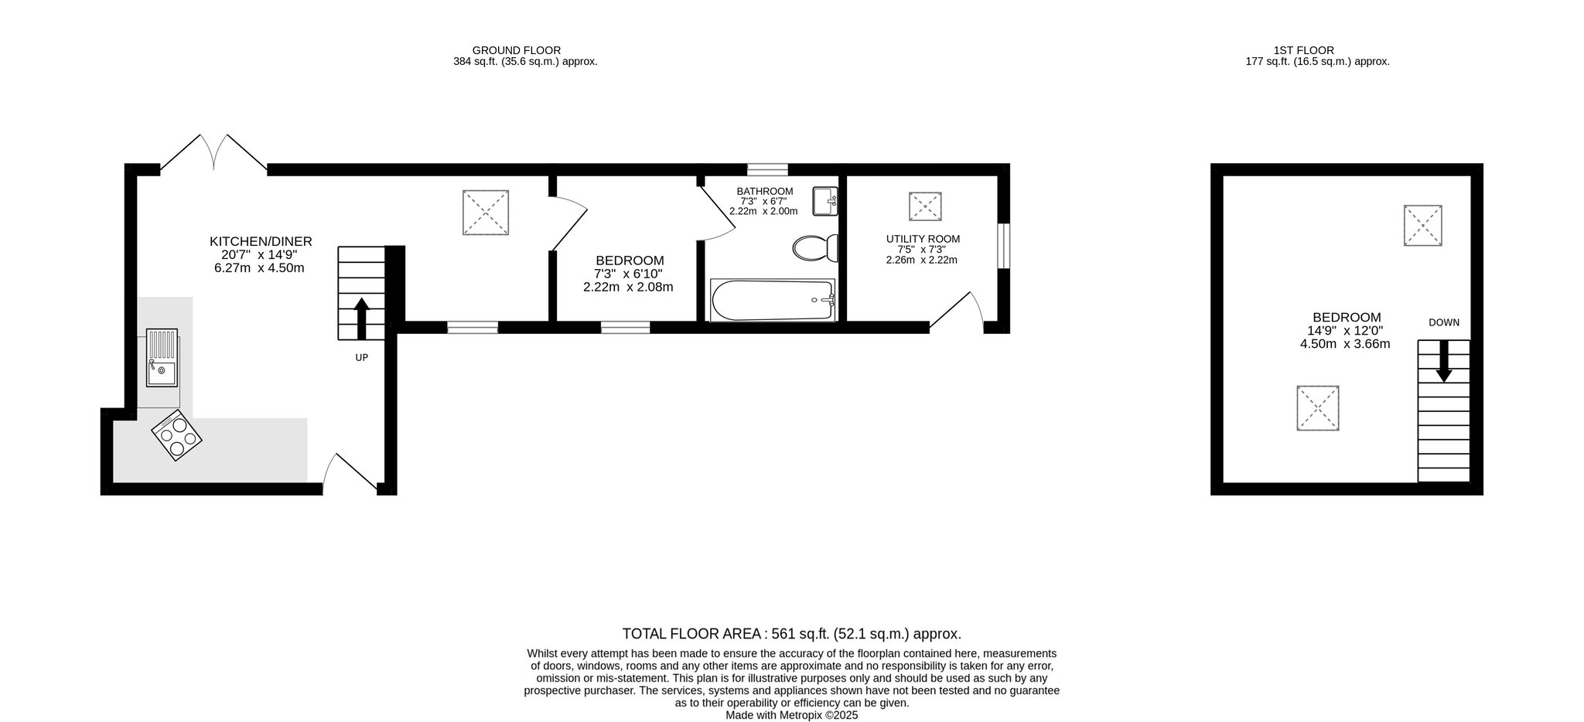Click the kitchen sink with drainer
tap(162, 357)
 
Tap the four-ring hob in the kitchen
tap(178, 437)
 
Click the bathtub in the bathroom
tap(773, 300)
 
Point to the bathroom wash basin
tap(826, 202)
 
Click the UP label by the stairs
tap(361, 358)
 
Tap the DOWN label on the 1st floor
tap(1444, 322)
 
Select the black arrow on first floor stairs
tap(1443, 362)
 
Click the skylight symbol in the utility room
tap(925, 207)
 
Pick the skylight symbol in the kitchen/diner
tap(486, 212)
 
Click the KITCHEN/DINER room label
tap(261, 242)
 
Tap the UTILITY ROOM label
tap(923, 239)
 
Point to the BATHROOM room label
tap(765, 192)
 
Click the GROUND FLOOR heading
tap(517, 51)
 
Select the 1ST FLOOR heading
tap(1317, 51)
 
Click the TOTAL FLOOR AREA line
tap(792, 634)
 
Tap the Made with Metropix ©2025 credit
tap(792, 716)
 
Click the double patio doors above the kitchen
tap(213, 153)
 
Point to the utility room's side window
tap(1003, 247)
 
